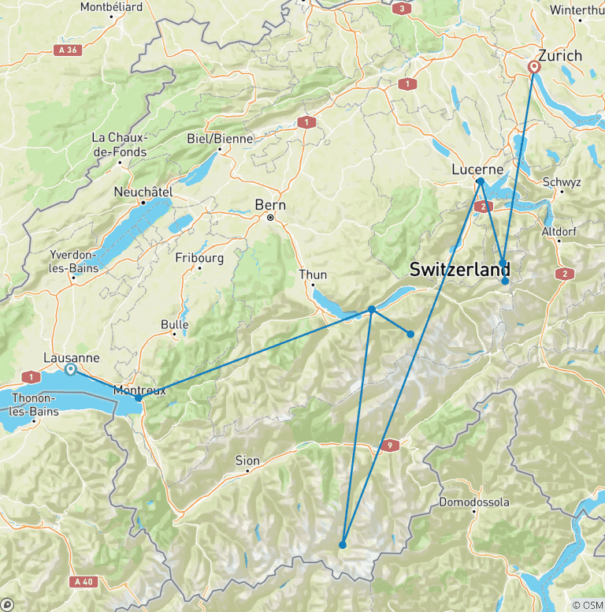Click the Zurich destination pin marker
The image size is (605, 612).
(535, 68)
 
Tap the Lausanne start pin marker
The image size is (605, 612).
(70, 369)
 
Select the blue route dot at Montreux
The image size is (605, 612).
(139, 398)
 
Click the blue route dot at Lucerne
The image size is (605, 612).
(480, 182)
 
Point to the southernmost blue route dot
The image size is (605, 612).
(343, 545)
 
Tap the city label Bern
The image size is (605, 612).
(265, 205)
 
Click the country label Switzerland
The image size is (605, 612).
(459, 269)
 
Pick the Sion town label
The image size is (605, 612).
(247, 461)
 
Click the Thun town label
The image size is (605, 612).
(313, 274)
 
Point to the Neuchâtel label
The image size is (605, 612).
(143, 192)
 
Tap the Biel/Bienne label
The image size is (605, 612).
(220, 139)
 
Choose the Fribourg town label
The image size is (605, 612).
(199, 258)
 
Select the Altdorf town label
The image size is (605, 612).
(560, 231)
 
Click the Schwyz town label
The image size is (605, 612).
(562, 182)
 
